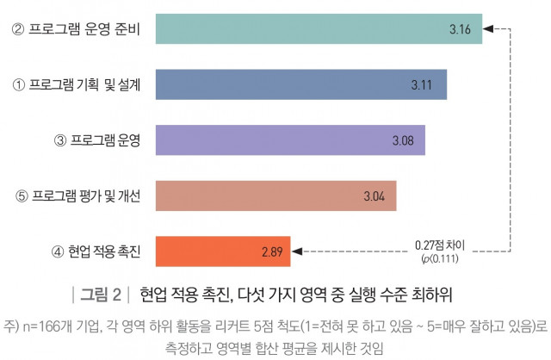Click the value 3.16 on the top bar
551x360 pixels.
pyautogui.click(x=460, y=30)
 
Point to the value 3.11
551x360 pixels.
pyautogui.click(x=422, y=84)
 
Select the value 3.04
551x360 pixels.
pyautogui.click(x=374, y=196)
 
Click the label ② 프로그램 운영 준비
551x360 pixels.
pyautogui.click(x=76, y=31)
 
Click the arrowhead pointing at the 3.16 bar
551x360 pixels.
pyautogui.click(x=486, y=30)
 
